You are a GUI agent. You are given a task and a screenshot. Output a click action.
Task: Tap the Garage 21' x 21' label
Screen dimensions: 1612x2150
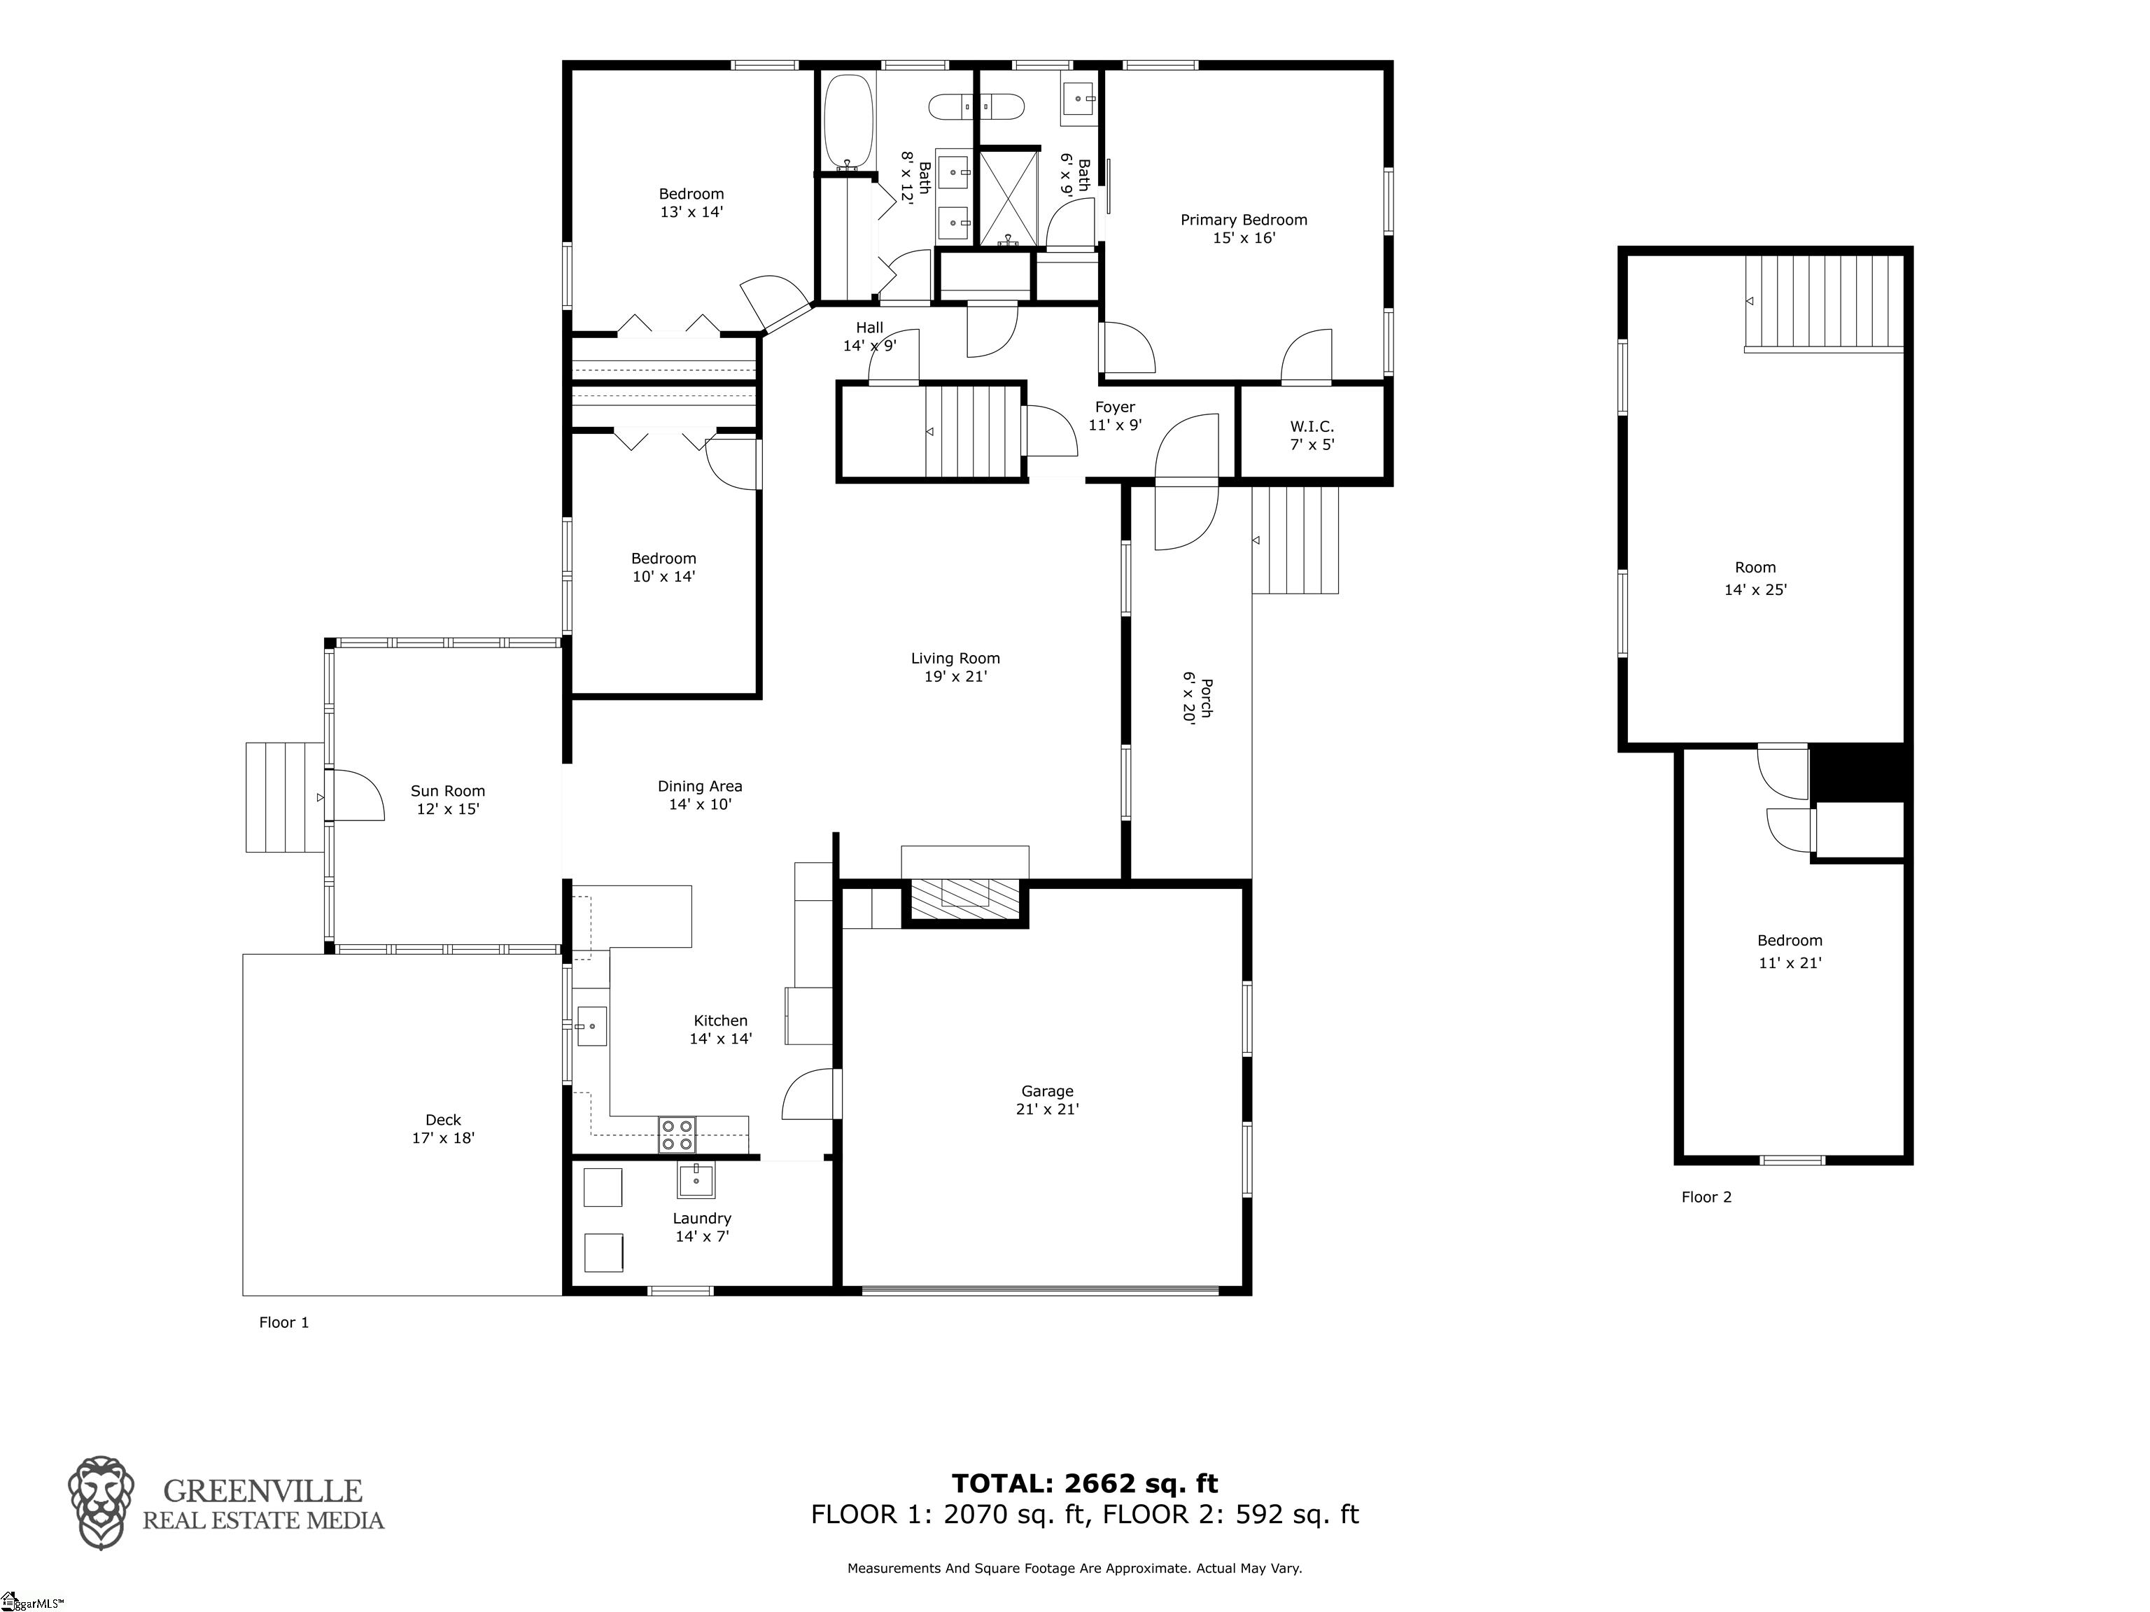(x=1047, y=1100)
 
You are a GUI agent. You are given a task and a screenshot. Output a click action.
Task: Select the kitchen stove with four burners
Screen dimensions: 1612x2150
(x=677, y=1135)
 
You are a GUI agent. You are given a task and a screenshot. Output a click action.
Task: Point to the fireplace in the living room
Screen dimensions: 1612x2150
(x=965, y=892)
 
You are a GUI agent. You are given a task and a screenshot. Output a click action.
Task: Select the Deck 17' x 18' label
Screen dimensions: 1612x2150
(x=443, y=1129)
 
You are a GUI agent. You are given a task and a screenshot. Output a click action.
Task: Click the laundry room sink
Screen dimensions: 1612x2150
(x=695, y=1180)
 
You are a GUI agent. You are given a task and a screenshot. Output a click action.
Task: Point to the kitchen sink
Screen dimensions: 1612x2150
(x=592, y=1025)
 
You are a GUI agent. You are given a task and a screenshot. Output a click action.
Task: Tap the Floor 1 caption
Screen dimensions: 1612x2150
(x=284, y=1322)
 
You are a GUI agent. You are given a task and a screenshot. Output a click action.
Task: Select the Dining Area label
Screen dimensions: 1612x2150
(x=700, y=794)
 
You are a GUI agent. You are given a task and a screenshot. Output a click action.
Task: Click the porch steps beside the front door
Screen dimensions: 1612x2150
(x=1295, y=540)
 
